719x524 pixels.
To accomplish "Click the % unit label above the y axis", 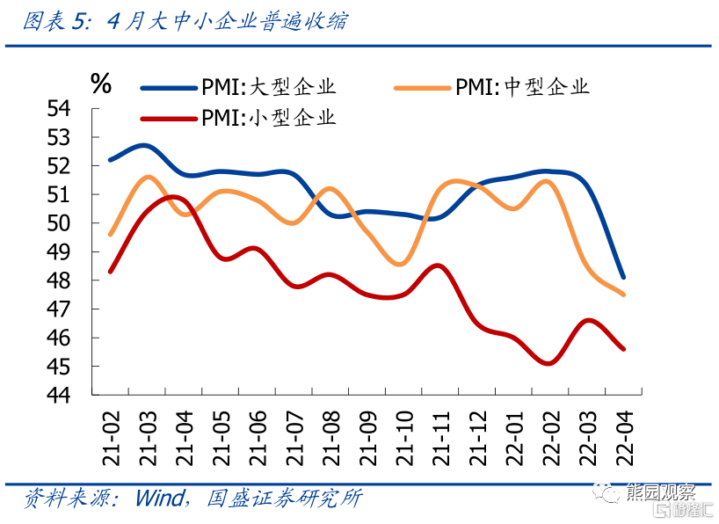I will click(101, 84).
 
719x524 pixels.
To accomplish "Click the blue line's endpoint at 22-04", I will click(623, 277).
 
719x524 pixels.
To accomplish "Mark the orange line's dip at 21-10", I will click(401, 264).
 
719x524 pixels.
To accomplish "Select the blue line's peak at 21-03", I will click(144, 145).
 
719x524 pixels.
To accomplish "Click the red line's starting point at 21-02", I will click(110, 272).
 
